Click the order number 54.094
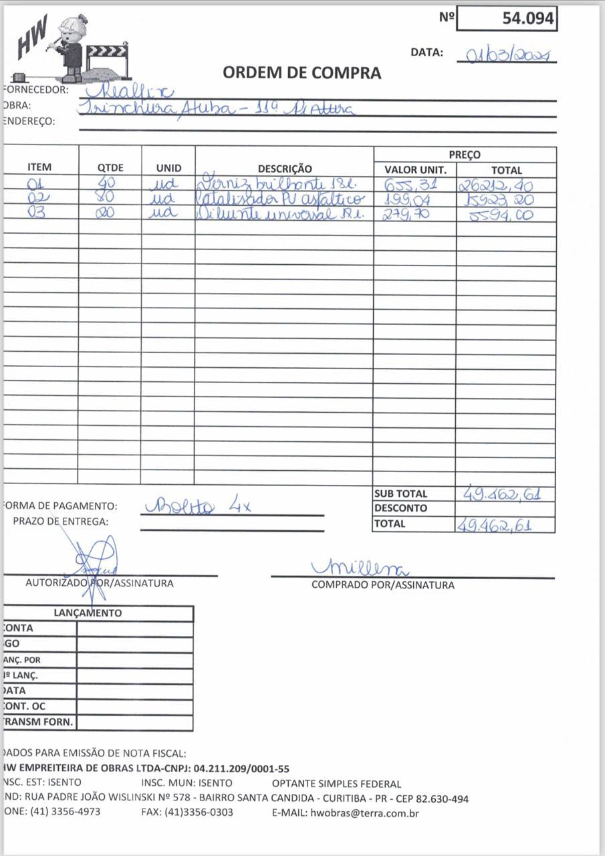(x=528, y=19)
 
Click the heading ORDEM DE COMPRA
(x=302, y=73)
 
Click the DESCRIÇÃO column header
(x=284, y=169)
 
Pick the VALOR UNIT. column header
(x=415, y=170)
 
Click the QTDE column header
(x=110, y=169)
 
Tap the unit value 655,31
(x=410, y=185)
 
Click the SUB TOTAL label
(x=400, y=494)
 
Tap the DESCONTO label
(x=400, y=508)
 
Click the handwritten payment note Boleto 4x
(x=197, y=506)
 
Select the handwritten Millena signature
(x=360, y=568)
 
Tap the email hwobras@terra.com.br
(x=364, y=813)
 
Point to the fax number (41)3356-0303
(x=199, y=813)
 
